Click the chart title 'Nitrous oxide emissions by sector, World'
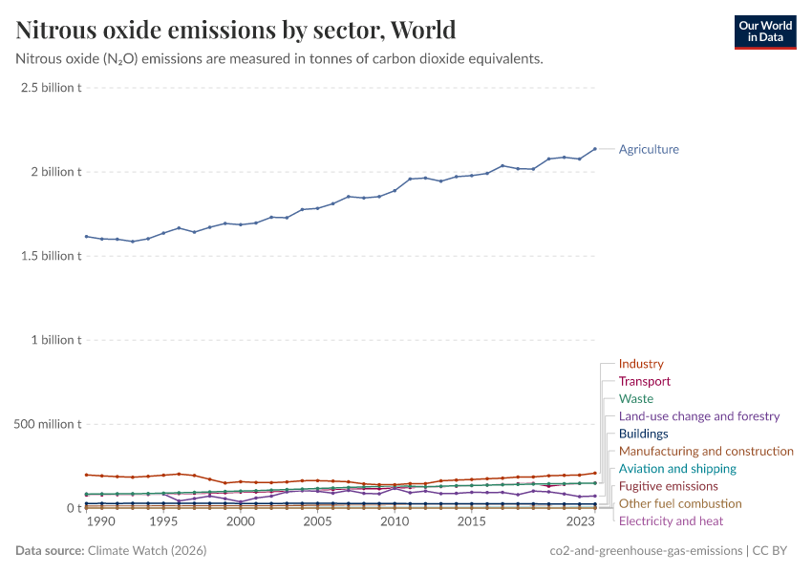pos(235,30)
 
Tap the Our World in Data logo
pos(764,31)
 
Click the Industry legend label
pos(640,364)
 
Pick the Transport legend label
pos(644,381)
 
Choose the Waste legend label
pos(636,398)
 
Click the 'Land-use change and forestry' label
pos(698,416)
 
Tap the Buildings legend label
pos(643,434)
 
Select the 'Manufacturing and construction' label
pos(706,451)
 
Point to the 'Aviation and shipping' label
pos(677,469)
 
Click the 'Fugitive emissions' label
pos(668,486)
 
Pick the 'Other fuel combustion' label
pos(679,503)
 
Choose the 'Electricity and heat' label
pos(671,520)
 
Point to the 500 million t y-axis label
pos(47,424)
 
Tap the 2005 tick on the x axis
pos(317,522)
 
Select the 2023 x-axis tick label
pos(580,522)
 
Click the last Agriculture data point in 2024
pos(595,149)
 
